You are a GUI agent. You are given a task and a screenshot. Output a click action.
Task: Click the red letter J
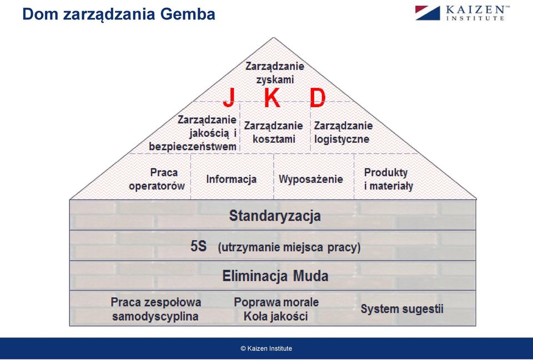click(x=229, y=98)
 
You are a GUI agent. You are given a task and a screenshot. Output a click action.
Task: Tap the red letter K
click(x=272, y=98)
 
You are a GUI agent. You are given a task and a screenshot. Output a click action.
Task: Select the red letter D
click(x=318, y=98)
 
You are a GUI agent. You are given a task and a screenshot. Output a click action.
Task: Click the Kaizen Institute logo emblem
click(x=428, y=13)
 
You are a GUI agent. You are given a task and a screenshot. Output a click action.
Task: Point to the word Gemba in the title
click(x=187, y=14)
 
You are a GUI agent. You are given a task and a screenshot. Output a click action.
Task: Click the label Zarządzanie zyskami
click(x=275, y=72)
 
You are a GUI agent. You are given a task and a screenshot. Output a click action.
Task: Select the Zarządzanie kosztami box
click(x=274, y=132)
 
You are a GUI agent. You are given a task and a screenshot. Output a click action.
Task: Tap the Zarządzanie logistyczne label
click(x=343, y=132)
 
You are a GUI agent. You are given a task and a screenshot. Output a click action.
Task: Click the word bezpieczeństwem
click(x=193, y=147)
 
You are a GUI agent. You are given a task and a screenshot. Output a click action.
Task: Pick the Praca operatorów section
click(x=157, y=179)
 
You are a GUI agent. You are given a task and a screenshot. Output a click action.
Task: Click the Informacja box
click(x=231, y=179)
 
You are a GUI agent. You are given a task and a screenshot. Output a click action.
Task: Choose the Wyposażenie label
click(x=311, y=179)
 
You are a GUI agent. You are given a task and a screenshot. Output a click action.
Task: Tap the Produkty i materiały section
click(x=389, y=179)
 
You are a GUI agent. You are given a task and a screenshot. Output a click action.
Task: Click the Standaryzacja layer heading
click(x=275, y=216)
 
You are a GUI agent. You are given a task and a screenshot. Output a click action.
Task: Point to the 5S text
click(x=199, y=246)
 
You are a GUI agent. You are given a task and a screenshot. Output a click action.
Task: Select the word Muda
click(x=311, y=276)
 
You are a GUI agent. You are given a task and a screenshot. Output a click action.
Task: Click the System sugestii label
click(x=402, y=309)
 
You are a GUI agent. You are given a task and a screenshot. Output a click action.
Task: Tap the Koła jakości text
click(x=276, y=316)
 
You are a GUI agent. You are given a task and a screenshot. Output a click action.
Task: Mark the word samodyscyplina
click(x=155, y=316)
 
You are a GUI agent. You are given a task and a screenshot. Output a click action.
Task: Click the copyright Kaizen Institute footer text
click(x=266, y=348)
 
